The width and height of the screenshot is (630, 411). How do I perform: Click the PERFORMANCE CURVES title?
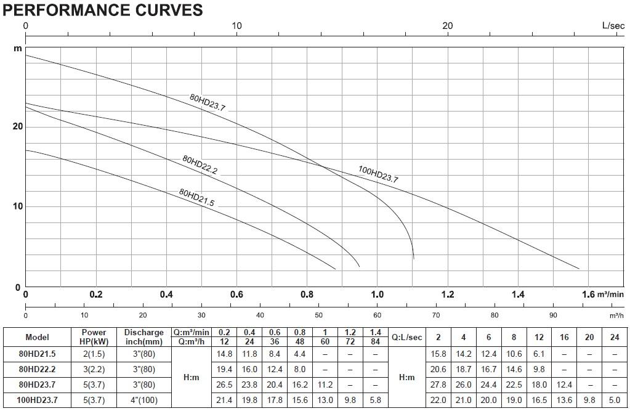coord(103,10)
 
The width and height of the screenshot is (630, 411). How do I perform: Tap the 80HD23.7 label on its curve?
coord(208,102)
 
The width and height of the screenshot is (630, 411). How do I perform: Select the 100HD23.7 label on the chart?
coord(378,174)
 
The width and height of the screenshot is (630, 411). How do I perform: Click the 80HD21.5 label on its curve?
coord(196,197)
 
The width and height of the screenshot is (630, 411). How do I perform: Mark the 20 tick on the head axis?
coord(17,127)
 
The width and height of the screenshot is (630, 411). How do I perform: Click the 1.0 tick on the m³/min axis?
coord(378,295)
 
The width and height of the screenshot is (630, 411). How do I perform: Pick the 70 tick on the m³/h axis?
coord(436,315)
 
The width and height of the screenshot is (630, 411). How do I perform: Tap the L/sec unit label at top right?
coord(613,26)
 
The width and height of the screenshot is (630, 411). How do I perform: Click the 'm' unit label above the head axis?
coord(18,49)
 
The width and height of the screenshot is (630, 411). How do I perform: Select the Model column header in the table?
coord(37,337)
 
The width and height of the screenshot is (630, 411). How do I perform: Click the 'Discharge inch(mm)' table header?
coord(144,337)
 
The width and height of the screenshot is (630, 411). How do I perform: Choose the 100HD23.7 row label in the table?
coord(37,400)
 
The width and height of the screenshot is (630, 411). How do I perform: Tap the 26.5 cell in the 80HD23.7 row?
coord(224,385)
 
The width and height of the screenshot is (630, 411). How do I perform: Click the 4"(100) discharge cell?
coord(144,400)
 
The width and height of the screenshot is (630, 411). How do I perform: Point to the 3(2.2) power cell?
coord(94,370)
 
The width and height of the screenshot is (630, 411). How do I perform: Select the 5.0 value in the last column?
coord(615,400)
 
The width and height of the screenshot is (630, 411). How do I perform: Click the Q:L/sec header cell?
coord(407,338)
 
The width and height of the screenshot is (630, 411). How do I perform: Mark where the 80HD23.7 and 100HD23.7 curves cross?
coord(323,166)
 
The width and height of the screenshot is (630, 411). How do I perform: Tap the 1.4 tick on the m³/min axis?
coord(518,295)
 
